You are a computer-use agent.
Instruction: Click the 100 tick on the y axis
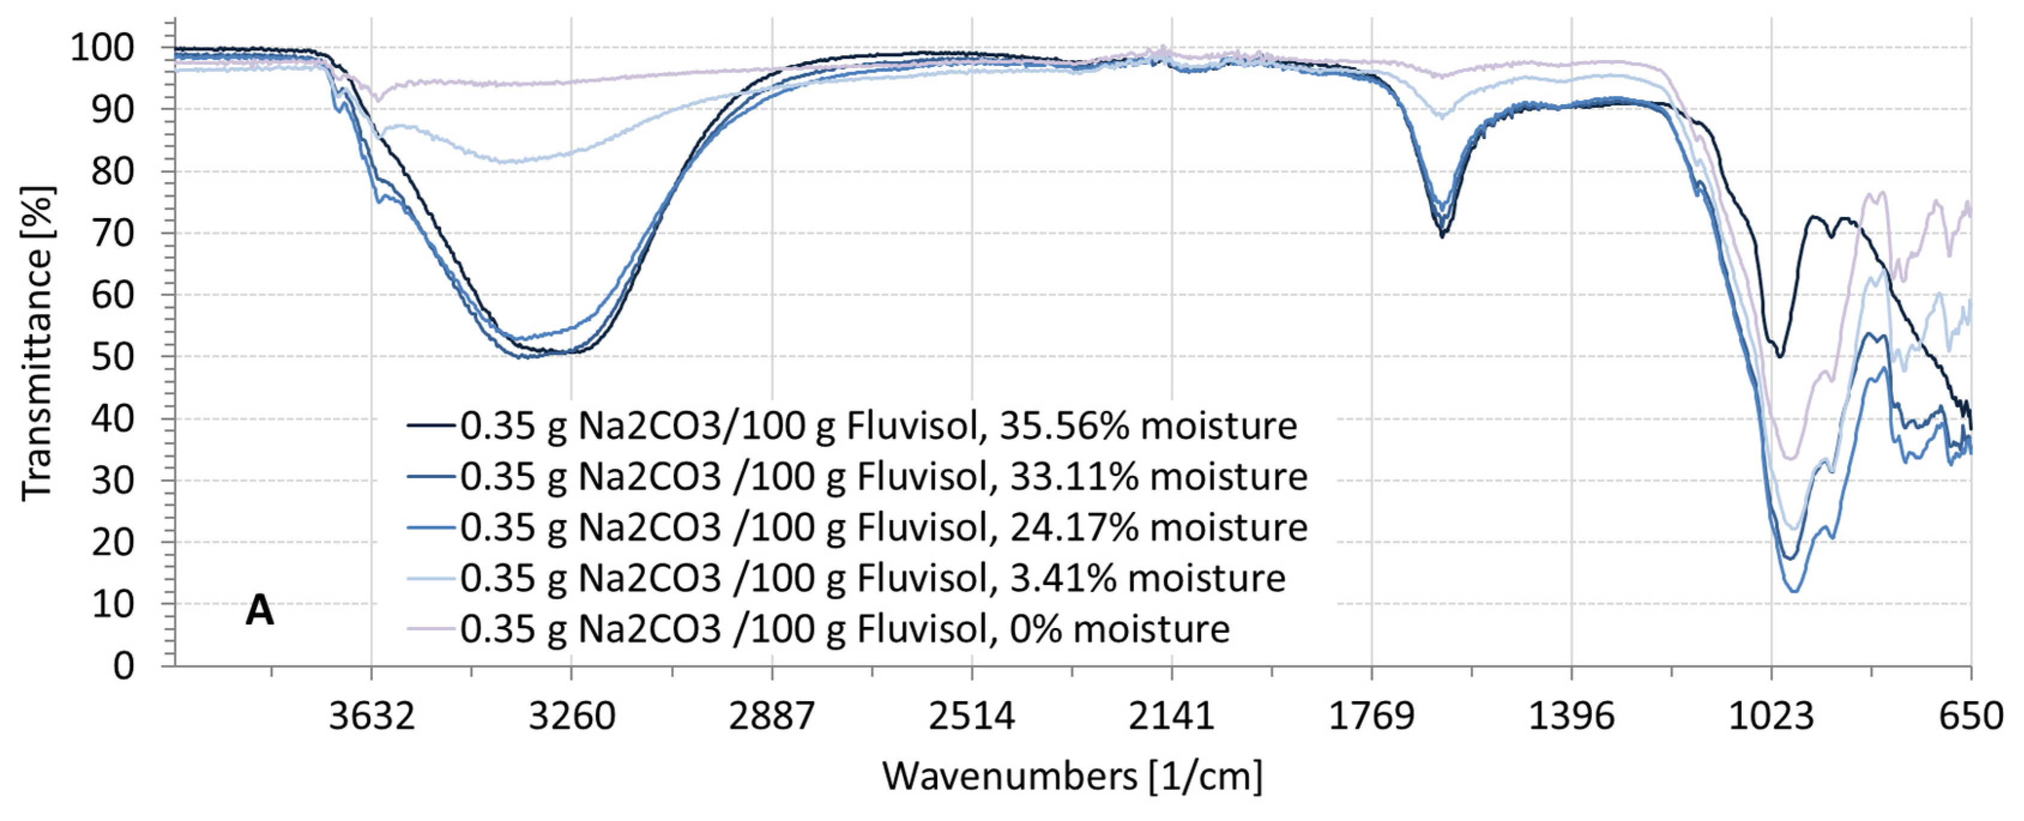(102, 49)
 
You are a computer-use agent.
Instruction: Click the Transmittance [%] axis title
(37, 343)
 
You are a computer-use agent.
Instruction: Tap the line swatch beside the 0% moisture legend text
(431, 629)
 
